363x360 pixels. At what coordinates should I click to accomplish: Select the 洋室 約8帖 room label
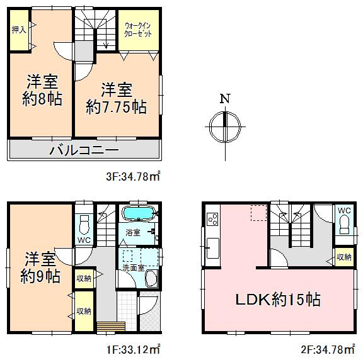tap(43, 90)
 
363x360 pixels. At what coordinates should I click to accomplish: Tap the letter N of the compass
tap(224, 99)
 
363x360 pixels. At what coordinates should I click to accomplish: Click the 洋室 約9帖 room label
tap(42, 266)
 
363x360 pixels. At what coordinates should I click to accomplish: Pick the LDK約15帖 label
tap(277, 300)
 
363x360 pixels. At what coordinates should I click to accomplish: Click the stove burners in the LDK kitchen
tap(212, 220)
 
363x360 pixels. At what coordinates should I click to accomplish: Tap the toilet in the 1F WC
tap(84, 224)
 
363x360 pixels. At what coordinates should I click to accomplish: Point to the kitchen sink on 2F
tap(212, 245)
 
